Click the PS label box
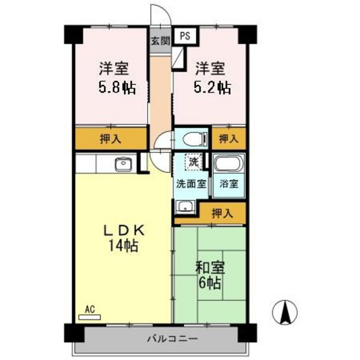point(185,37)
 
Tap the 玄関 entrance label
point(160,40)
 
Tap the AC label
point(91,309)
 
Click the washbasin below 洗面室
point(185,206)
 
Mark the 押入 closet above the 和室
point(222,212)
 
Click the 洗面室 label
point(192,184)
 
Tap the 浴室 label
point(229,184)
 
